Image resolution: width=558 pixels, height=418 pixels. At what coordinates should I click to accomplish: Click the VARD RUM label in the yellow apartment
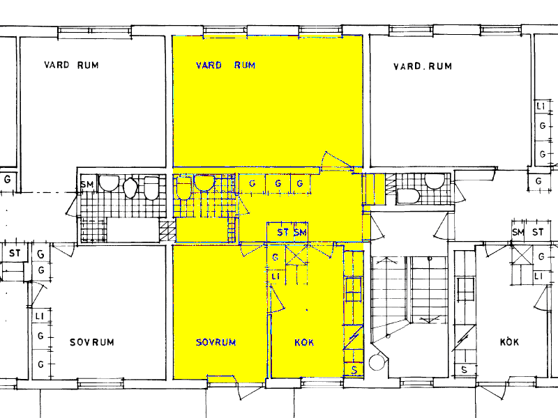point(225,65)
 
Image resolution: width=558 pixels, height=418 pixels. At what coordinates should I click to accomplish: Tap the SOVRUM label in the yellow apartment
point(216,342)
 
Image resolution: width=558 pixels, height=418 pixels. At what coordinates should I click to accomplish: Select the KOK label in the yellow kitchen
point(304,342)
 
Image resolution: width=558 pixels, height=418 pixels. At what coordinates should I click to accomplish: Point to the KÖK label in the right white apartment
point(509,341)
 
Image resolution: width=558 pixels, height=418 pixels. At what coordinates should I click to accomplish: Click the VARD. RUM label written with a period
point(423,66)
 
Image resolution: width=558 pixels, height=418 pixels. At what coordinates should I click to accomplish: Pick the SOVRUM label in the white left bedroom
point(92,342)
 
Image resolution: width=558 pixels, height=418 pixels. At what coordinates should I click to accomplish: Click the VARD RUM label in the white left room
point(71,65)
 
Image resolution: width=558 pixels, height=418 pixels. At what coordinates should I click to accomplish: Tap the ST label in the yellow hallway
point(283,233)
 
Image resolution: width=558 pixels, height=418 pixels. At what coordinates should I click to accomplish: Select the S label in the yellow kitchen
point(354,371)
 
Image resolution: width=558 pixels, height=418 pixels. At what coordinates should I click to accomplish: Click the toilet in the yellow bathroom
point(183,188)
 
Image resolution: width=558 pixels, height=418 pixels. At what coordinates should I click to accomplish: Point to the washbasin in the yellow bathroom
point(204,183)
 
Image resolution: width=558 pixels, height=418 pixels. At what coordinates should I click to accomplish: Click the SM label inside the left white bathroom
point(86,185)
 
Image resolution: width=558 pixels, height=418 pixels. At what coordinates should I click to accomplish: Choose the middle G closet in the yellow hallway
point(278,183)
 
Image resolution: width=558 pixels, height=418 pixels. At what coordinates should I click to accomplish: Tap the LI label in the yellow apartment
point(276,277)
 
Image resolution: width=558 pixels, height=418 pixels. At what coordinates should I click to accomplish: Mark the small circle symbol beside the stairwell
point(377,362)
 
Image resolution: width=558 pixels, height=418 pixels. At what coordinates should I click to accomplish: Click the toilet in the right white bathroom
point(409,196)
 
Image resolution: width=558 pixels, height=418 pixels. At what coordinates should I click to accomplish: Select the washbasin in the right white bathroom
point(435,181)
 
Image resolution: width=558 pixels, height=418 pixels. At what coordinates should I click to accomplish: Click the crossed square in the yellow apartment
point(297,255)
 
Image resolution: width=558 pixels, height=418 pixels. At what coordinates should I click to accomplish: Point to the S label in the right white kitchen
point(464,370)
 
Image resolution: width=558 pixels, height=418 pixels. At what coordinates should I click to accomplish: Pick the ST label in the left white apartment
point(15,254)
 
